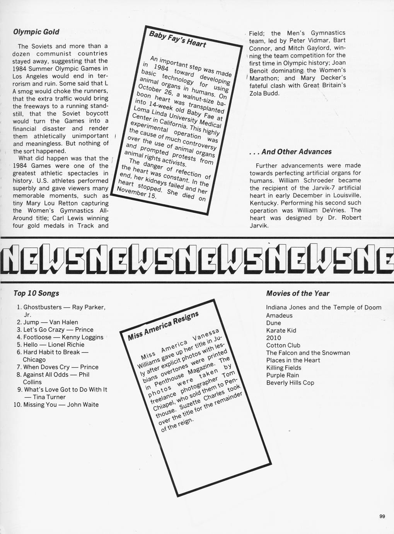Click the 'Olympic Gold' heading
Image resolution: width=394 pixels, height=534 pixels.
(36, 32)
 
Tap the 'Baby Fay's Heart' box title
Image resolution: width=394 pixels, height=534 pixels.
(177, 39)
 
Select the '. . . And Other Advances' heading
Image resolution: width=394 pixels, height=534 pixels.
(290, 152)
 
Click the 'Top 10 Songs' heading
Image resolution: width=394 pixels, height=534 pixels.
(36, 293)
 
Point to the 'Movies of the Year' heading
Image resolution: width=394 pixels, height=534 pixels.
(298, 293)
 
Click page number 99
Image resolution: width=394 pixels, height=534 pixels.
(382, 516)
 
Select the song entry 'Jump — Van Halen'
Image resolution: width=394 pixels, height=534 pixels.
(50, 322)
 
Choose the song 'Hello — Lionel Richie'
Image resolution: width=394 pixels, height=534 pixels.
(53, 344)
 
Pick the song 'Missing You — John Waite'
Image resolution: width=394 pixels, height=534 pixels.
(61, 404)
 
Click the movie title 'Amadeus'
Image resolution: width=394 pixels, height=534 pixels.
(279, 315)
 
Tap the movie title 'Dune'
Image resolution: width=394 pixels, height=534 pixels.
(273, 323)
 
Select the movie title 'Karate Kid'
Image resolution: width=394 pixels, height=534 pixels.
(281, 330)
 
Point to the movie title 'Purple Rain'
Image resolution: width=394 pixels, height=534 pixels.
(283, 375)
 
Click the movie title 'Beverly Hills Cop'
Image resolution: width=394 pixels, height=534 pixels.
(290, 383)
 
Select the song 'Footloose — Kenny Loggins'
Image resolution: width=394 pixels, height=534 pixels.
(63, 337)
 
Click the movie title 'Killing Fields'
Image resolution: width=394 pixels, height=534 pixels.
(283, 368)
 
